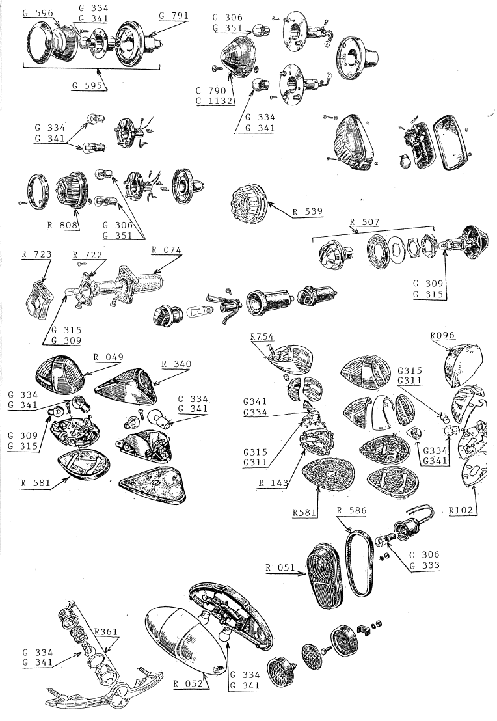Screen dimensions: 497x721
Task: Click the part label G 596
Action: tap(38, 13)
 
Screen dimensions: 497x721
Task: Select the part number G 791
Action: tap(174, 16)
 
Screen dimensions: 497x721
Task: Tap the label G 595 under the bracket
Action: tap(87, 85)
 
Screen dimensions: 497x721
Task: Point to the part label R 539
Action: tap(308, 212)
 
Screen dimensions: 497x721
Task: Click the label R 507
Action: tap(364, 222)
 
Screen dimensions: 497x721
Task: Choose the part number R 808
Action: tap(62, 225)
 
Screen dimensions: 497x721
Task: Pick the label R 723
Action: tap(37, 254)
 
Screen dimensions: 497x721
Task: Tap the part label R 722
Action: tap(87, 254)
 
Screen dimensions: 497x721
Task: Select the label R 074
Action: tap(167, 250)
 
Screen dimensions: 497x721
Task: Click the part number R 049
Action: tap(109, 357)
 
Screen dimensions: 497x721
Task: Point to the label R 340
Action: tap(176, 364)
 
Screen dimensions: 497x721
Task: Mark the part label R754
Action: tap(262, 336)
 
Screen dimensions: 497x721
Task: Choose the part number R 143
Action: tap(274, 483)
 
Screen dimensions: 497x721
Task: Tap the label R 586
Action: tap(352, 510)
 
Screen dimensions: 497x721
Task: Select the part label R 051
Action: tap(280, 567)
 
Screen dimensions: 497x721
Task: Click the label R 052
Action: tap(188, 683)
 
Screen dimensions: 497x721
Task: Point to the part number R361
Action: tap(106, 631)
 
